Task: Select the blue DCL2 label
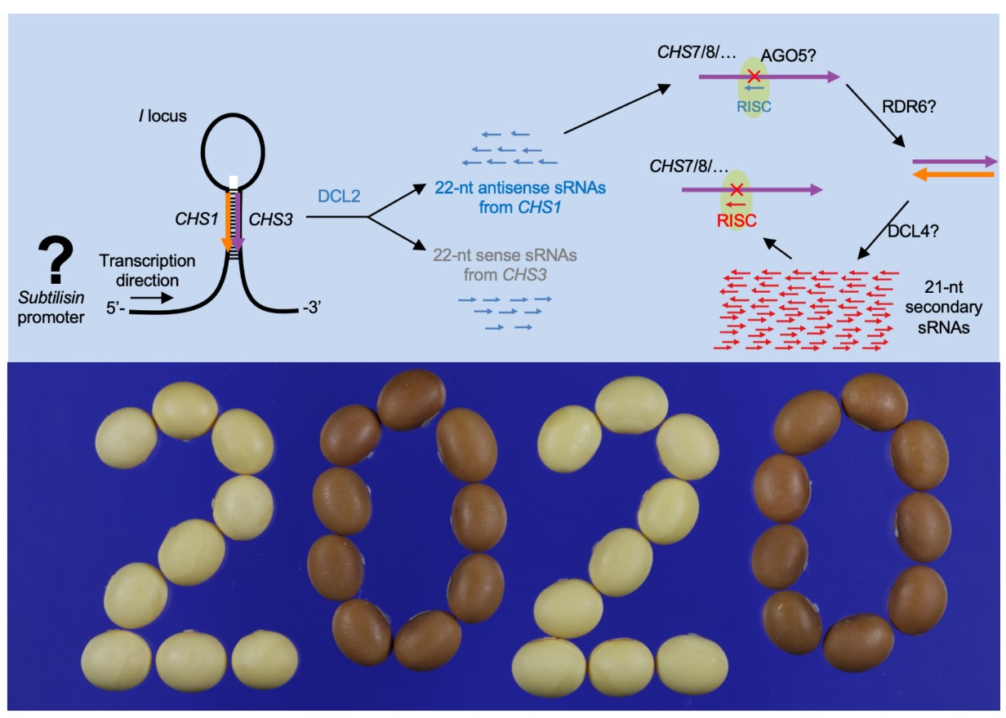(x=334, y=197)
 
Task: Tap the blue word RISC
(x=754, y=106)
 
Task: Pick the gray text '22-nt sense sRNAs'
(x=490, y=255)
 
